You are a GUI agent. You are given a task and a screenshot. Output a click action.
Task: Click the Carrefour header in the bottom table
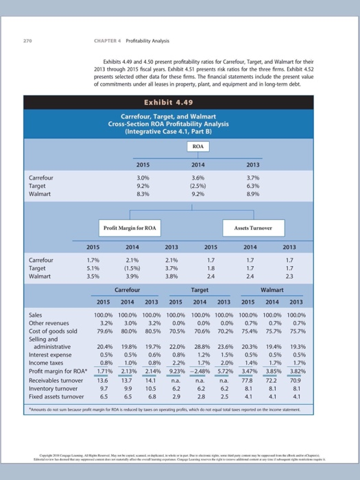(128, 291)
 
